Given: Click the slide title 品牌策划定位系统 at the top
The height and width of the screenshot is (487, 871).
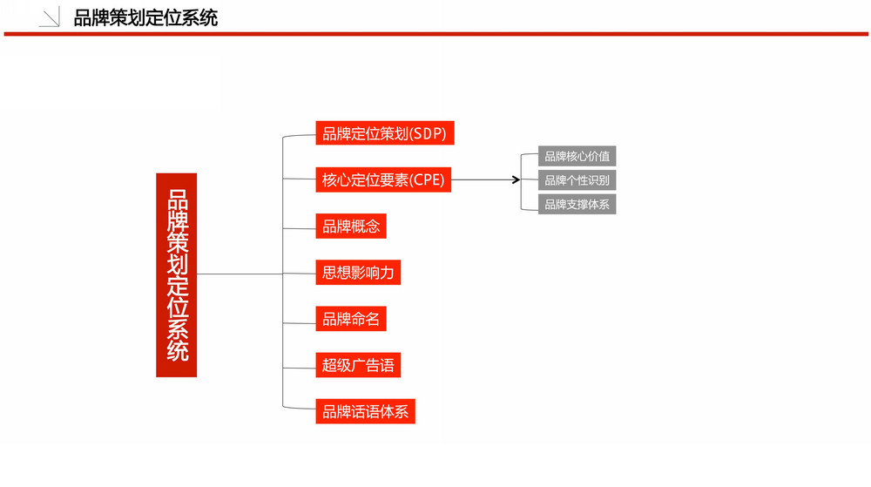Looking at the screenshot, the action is click(x=145, y=18).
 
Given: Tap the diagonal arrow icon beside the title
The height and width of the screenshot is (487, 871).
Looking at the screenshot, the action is click(x=50, y=17).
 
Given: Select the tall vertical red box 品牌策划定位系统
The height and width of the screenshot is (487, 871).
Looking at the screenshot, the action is click(x=176, y=275).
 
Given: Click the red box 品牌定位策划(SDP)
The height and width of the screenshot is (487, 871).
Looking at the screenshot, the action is click(x=385, y=133).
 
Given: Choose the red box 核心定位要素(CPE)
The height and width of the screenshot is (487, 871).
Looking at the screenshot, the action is click(x=383, y=180).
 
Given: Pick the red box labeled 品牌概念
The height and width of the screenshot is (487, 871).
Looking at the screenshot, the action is click(x=351, y=226).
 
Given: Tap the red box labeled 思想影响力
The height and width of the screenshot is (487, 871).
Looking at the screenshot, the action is click(x=358, y=273).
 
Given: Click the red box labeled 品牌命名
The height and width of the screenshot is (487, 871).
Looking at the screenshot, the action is click(x=351, y=319).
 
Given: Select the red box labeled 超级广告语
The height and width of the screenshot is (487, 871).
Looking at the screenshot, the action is click(x=358, y=365).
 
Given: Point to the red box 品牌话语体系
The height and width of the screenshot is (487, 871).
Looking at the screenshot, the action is click(x=366, y=411).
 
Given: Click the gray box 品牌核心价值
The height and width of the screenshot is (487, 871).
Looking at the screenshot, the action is click(x=577, y=156).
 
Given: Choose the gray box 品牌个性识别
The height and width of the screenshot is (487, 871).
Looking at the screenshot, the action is click(x=577, y=180).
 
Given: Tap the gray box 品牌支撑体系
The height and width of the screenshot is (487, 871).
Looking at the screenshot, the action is click(x=577, y=205).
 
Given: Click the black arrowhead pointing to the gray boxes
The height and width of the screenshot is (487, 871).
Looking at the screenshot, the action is click(x=516, y=180).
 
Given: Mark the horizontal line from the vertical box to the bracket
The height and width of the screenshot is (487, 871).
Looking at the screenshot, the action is click(x=240, y=274).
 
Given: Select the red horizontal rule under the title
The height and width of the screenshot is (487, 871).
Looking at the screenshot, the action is click(x=436, y=34).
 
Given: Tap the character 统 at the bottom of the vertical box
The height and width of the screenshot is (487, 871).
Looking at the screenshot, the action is click(x=178, y=351).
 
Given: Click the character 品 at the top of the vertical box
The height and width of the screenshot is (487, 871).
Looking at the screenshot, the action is click(x=178, y=200).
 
